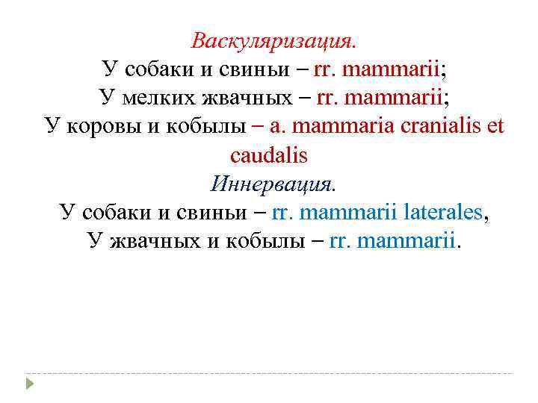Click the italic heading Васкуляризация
pos(273,40)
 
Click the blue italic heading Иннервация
pos(273,183)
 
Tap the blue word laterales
pos(442,212)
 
